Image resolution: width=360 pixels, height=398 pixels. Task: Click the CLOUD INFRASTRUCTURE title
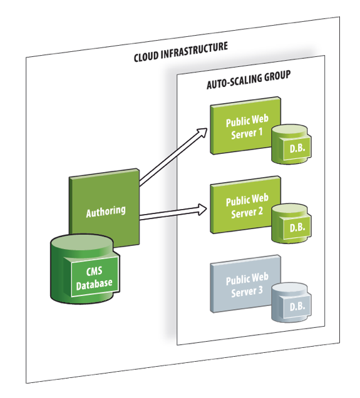(180, 52)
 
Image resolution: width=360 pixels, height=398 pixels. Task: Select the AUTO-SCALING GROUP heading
(249, 79)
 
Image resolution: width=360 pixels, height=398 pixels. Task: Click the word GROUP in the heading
(277, 76)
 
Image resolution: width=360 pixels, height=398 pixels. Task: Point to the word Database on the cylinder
(95, 283)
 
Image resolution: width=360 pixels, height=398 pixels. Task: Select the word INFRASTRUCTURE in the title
(196, 50)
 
